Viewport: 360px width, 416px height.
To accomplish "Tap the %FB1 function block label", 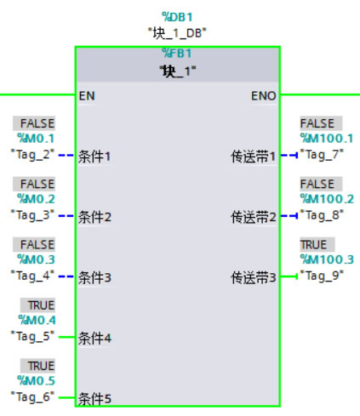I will (177, 53).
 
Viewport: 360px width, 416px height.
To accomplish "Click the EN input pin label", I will (86, 96).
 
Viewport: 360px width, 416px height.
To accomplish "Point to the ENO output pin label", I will (264, 96).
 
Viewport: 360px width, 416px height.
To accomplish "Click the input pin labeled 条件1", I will (95, 157).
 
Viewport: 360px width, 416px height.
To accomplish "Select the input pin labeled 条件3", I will (95, 277).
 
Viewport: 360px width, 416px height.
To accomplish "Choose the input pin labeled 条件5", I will (95, 398).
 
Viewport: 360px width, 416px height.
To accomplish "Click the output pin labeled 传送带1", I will (254, 157).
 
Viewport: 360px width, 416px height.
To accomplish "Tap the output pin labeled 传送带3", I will (254, 277).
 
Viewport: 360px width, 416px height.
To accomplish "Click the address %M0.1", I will (36, 138).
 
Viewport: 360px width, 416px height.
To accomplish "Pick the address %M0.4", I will (36, 320).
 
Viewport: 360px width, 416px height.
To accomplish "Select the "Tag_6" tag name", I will (32, 396).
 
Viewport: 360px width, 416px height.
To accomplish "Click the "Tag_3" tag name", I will (32, 214).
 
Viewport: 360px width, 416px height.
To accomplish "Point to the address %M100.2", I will (328, 199).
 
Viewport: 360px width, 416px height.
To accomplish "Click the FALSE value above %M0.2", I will (37, 184).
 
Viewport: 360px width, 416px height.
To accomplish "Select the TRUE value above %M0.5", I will (40, 366).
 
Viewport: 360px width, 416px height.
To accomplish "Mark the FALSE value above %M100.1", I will (317, 123).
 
